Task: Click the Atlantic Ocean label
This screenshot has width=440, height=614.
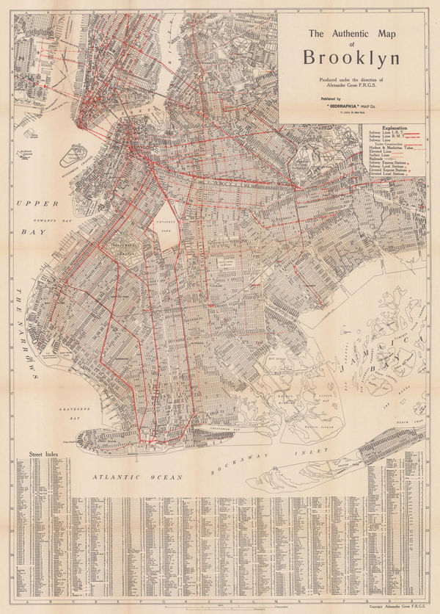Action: pos(136,477)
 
